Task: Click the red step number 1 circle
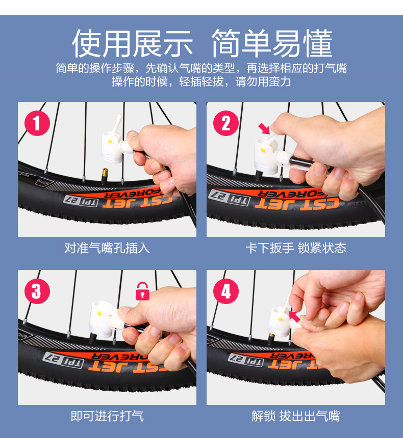pos(37,123)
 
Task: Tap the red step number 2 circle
pos(226,123)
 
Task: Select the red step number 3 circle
pos(37,291)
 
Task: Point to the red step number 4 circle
pos(226,291)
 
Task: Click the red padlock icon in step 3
pos(142,291)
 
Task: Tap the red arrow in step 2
pos(264,128)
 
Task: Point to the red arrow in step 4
pos(294,316)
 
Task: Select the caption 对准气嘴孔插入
pos(107,248)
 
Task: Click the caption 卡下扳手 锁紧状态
pos(296,248)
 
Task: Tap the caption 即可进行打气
pos(107,416)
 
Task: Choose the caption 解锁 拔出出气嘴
pos(296,416)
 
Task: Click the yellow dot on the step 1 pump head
pos(110,141)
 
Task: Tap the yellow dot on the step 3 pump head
pos(98,313)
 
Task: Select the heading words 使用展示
pos(132,43)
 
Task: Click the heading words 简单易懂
pos(272,43)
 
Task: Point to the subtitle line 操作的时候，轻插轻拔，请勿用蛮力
pos(201,81)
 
